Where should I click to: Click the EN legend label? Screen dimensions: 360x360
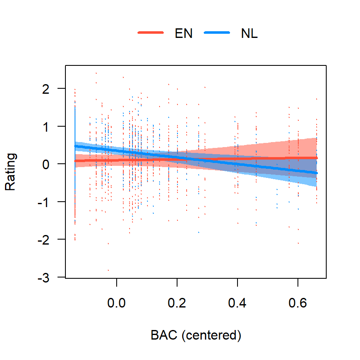(183, 34)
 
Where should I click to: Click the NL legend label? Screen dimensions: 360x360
(249, 34)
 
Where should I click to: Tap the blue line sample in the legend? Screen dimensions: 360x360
(217, 34)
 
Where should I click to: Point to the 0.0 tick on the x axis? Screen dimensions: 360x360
(117, 303)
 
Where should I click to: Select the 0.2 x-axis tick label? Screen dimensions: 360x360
(177, 303)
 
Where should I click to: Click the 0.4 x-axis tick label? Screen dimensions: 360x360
(237, 303)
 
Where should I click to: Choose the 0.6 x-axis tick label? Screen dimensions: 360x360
(298, 303)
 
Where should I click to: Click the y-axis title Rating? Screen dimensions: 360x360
(11, 172)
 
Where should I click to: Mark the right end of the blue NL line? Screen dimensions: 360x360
(317, 173)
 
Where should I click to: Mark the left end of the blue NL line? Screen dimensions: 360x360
(75, 146)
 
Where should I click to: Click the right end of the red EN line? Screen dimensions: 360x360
(317, 158)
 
